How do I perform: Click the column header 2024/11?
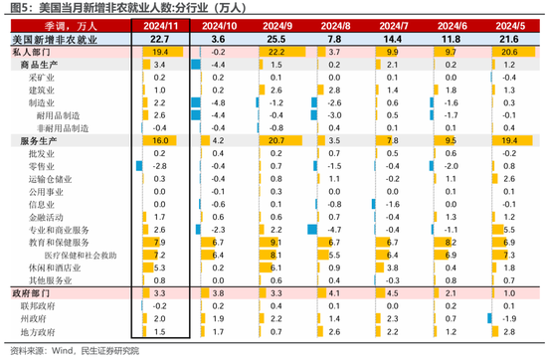pyautogui.click(x=160, y=23)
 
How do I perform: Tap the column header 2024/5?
pyautogui.click(x=508, y=23)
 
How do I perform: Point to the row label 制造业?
pyautogui.click(x=42, y=101)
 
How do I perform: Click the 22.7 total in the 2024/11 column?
pyautogui.click(x=160, y=37)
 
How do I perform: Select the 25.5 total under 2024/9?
pyautogui.click(x=276, y=37)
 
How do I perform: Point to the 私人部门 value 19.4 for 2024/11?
pyautogui.click(x=161, y=50)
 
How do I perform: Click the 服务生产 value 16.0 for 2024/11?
pyautogui.click(x=160, y=141)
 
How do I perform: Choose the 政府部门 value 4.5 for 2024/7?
pyautogui.click(x=391, y=293)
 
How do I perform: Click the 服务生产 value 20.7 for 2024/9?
pyautogui.click(x=276, y=141)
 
